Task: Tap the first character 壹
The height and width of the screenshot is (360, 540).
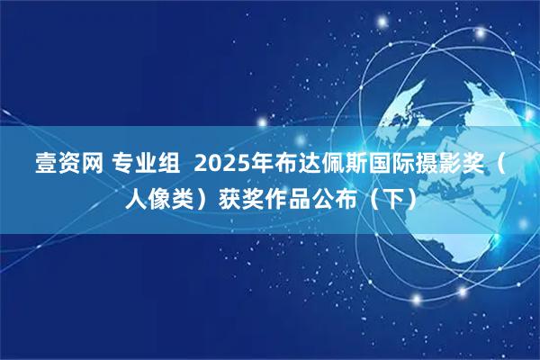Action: click(44, 165)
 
